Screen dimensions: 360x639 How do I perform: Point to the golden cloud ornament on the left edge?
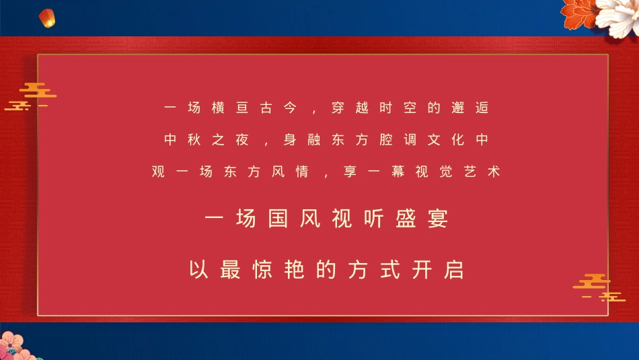click(x=32, y=96)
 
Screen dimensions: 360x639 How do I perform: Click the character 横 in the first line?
click(x=217, y=108)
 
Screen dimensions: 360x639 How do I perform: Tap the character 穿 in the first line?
click(x=338, y=108)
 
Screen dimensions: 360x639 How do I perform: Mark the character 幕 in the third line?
click(x=398, y=172)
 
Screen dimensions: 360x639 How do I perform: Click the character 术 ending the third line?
click(x=494, y=172)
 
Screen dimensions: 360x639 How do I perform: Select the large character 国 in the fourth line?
click(x=278, y=219)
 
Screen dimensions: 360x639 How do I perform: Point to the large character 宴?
click(x=437, y=219)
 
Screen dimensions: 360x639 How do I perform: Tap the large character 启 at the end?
click(x=455, y=270)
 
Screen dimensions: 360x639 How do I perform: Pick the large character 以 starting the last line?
click(x=196, y=270)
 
